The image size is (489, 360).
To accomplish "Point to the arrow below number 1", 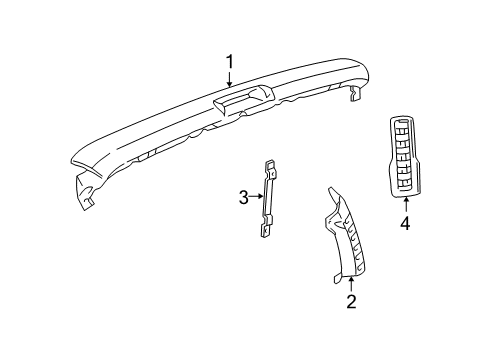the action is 229,86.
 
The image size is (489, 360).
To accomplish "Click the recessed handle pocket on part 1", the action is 245,97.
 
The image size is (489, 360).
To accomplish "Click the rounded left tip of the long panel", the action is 72,161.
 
